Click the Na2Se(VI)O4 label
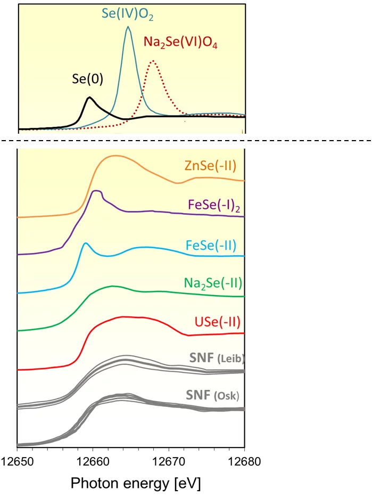(181, 43)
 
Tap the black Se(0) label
(87, 79)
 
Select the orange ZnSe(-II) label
(210, 165)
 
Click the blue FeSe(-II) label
(211, 245)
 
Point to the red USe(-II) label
(218, 322)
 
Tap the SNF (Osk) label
(212, 396)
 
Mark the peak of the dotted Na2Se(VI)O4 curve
(153, 61)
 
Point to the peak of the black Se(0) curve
(89, 97)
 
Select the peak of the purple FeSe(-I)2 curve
(96, 191)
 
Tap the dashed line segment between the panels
(42, 141)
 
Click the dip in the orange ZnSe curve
(179, 183)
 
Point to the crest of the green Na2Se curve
(112, 286)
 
